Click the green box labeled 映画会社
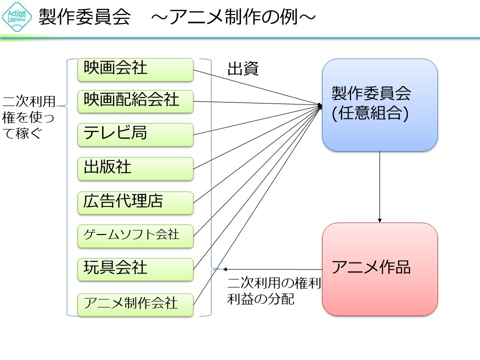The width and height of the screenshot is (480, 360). [x=135, y=69]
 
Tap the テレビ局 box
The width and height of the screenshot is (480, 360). [x=135, y=134]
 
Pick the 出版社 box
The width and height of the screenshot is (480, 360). [x=135, y=168]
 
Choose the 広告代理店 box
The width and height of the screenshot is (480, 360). [x=135, y=202]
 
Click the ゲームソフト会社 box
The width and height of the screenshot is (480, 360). [x=135, y=236]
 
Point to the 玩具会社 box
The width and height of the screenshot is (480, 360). [x=135, y=269]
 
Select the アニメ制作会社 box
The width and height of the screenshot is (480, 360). [x=135, y=304]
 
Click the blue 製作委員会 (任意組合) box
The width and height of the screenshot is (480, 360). [x=379, y=105]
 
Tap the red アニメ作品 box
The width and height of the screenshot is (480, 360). [x=379, y=269]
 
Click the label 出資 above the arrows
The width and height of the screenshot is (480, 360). [x=243, y=69]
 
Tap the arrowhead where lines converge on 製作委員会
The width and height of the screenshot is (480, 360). [x=320, y=105]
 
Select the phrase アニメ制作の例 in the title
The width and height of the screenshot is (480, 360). [x=235, y=17]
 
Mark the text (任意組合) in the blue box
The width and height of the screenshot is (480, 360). [x=370, y=113]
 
